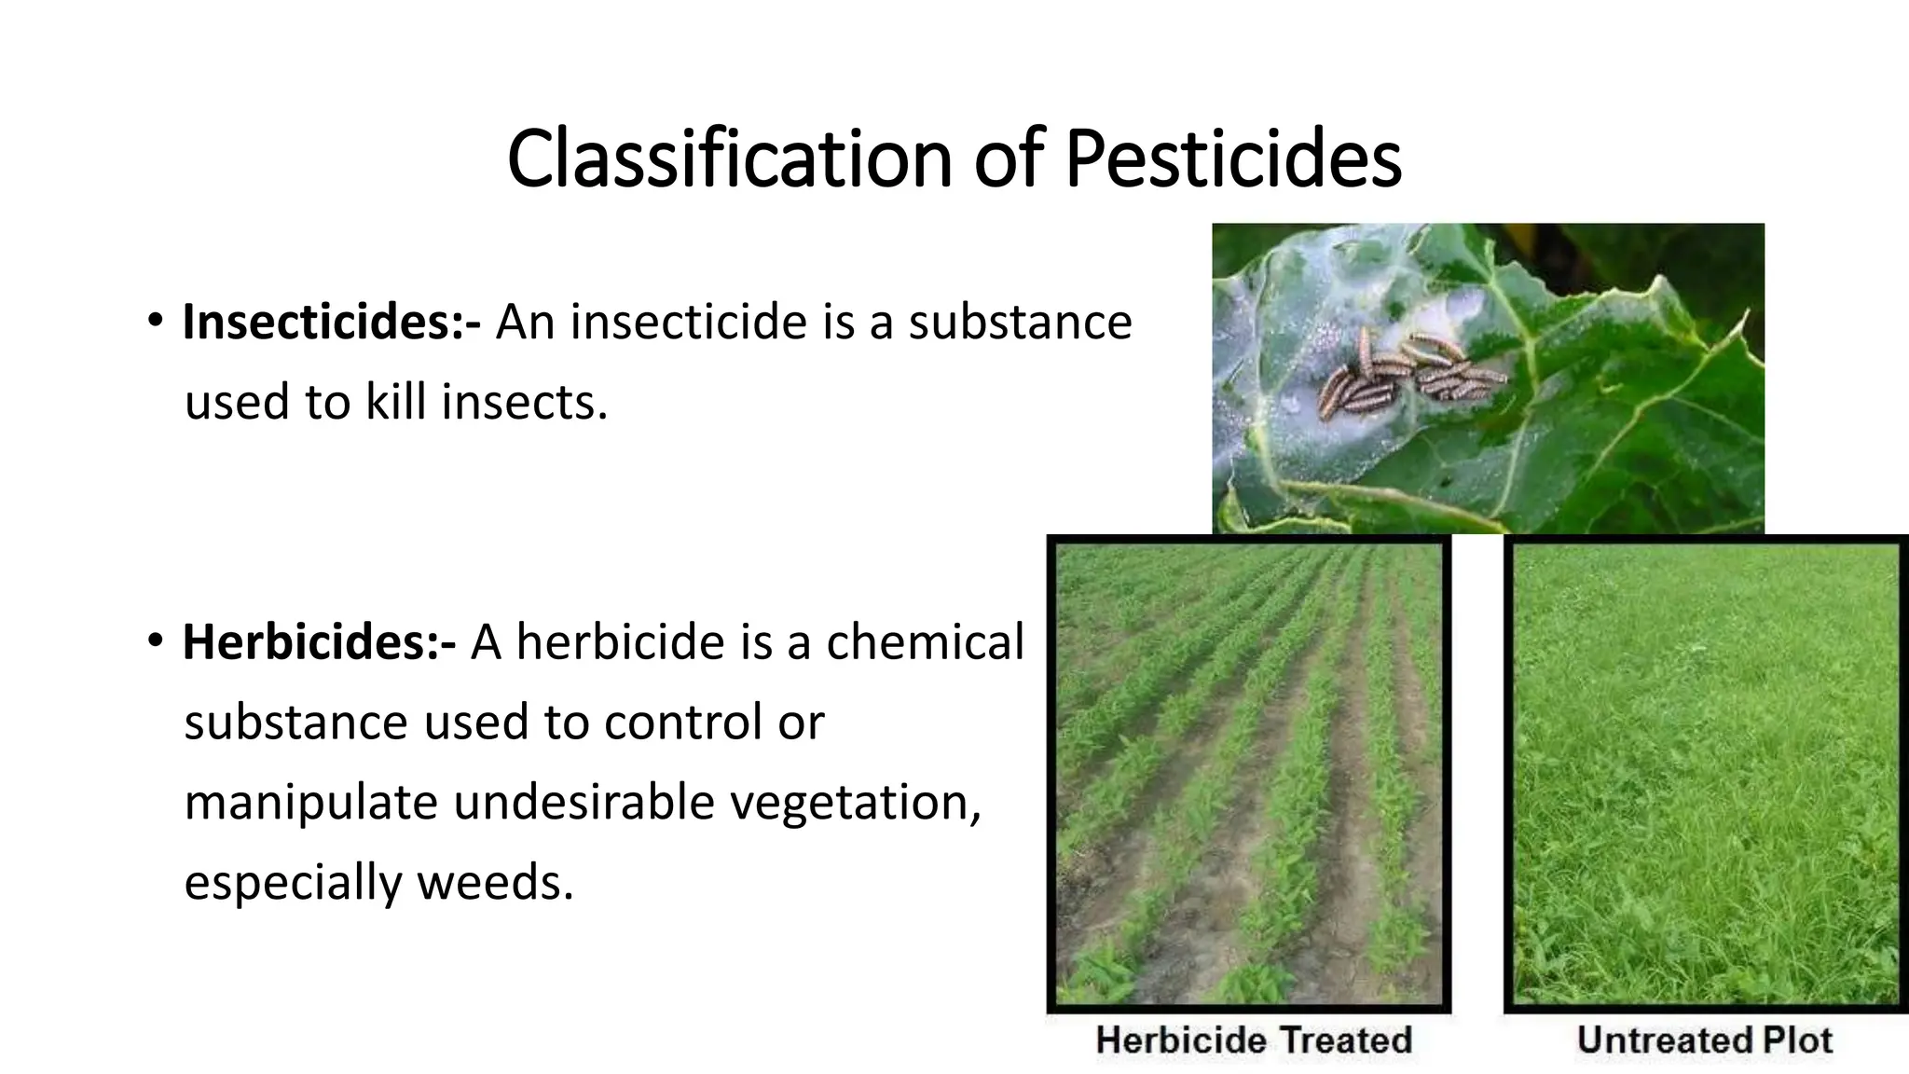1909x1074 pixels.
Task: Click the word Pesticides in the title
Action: pos(1232,158)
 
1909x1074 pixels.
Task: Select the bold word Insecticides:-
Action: pos(332,323)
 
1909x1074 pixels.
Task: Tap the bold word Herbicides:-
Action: pos(320,642)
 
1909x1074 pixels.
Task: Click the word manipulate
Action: pos(310,803)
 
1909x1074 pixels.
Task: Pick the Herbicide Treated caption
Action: pos(1254,1040)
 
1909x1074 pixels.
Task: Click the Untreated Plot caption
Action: pos(1704,1040)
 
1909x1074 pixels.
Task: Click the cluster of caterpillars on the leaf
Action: pos(1408,373)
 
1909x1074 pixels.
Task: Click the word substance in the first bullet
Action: pos(1020,323)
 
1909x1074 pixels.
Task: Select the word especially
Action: pos(293,882)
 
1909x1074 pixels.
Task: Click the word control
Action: pos(682,723)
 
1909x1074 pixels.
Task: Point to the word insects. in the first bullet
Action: pos(524,403)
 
